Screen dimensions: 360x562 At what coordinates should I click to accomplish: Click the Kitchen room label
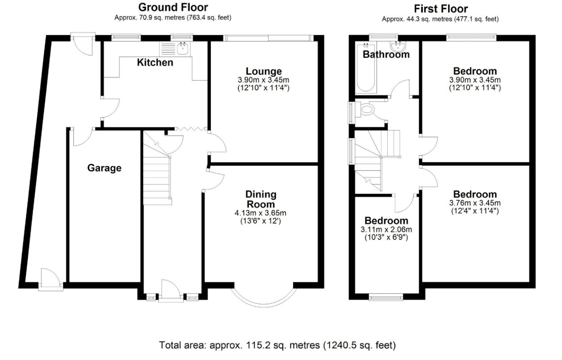155,63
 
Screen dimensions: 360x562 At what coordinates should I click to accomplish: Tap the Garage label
104,168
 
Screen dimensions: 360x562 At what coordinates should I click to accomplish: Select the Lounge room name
263,71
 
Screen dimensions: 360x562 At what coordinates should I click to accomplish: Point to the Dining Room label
261,199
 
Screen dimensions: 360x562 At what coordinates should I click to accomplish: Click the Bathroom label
386,54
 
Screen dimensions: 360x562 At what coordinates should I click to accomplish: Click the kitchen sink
183,48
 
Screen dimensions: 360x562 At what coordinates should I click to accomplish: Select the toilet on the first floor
366,109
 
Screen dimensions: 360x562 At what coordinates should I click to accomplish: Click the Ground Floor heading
173,7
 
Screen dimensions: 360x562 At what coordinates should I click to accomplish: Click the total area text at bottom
277,345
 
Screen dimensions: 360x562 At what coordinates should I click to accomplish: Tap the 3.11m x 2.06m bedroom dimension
386,229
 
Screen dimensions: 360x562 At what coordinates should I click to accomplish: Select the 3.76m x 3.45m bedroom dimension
475,203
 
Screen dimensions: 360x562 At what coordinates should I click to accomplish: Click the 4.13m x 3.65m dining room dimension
261,213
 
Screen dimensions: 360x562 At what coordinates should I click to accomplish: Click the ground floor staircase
158,175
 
